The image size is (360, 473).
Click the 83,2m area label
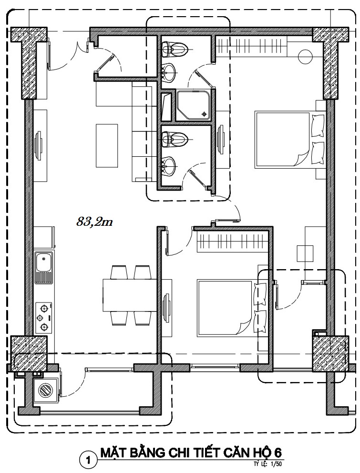tap(94, 222)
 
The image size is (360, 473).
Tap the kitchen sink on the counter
tap(44, 268)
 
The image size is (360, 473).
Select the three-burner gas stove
tap(44, 317)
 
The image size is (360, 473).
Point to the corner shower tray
tap(194, 105)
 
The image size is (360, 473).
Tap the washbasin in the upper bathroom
tap(168, 72)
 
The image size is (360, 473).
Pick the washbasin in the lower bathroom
tap(168, 166)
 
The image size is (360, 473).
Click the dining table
tap(130, 295)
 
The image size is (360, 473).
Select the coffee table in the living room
tap(107, 145)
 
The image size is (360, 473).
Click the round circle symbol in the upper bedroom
tap(305, 56)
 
